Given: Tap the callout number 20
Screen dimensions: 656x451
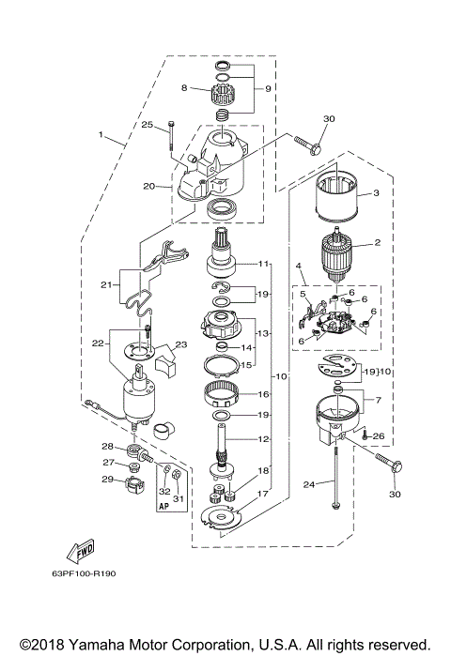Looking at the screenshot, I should point(148,186).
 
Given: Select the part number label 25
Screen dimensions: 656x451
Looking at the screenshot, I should point(148,125).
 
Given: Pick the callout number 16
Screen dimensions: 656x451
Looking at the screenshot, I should point(263,395).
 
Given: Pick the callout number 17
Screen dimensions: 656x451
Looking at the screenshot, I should point(263,494).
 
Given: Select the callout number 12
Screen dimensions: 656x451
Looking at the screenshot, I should point(263,439).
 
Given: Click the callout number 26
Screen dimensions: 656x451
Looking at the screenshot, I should point(379,435).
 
